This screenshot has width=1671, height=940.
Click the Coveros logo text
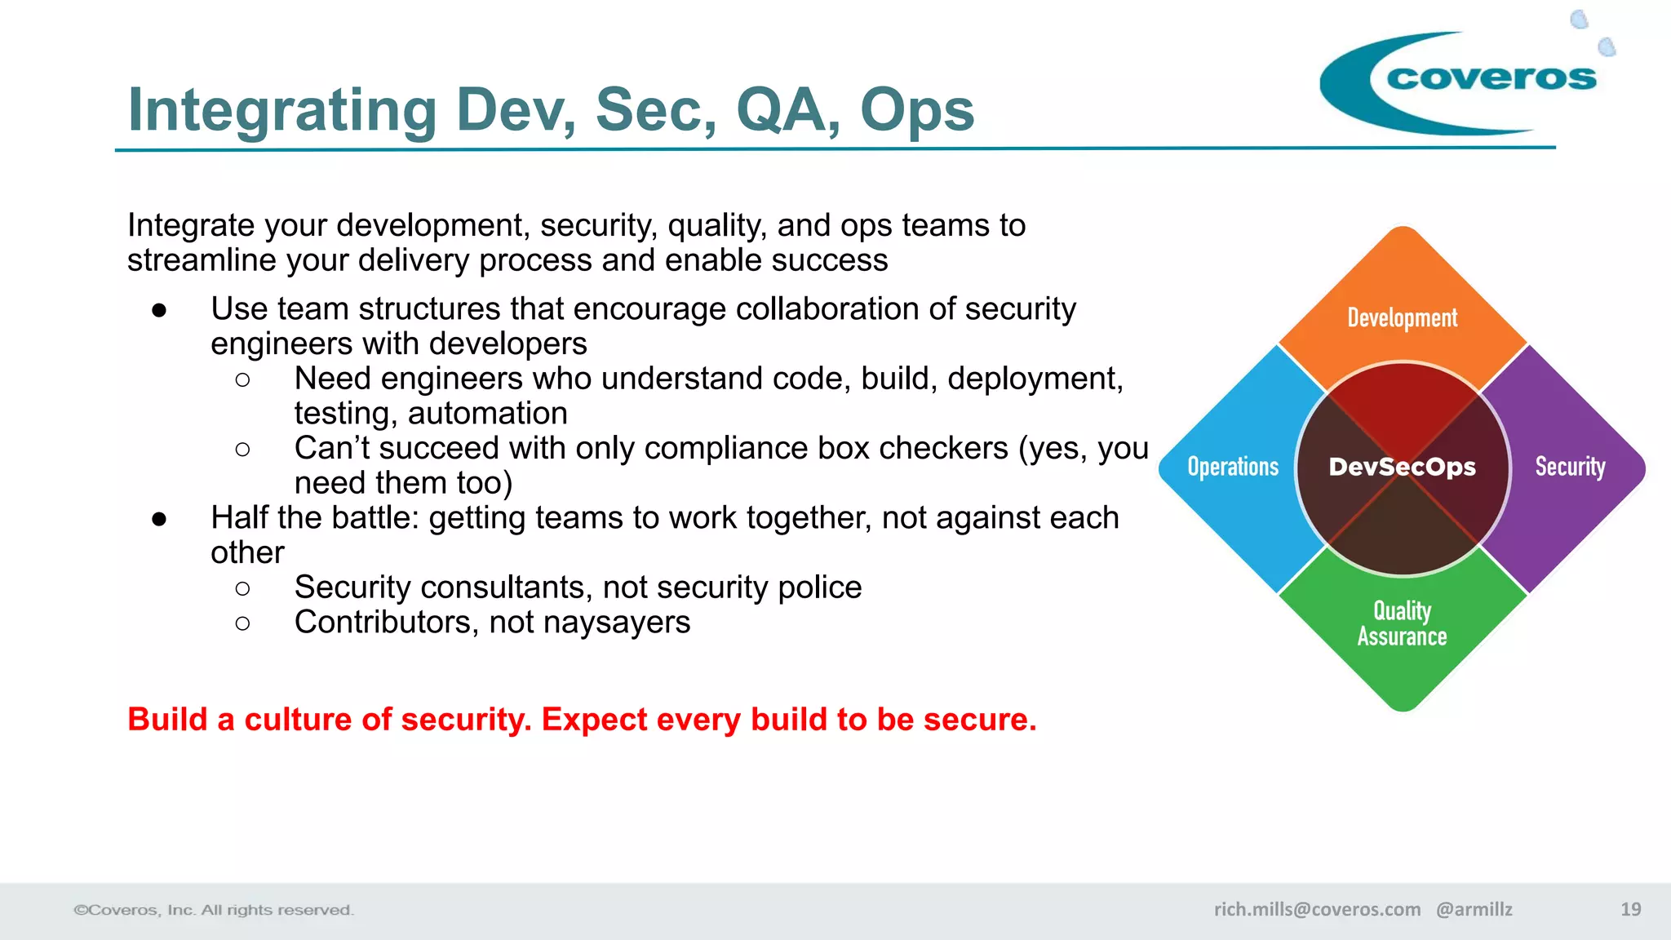click(x=1491, y=78)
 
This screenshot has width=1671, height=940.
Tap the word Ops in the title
click(x=916, y=110)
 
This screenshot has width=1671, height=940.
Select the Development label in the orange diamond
click(x=1402, y=317)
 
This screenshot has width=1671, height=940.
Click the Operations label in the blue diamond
click(x=1233, y=467)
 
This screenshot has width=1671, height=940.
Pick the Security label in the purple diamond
click(x=1570, y=467)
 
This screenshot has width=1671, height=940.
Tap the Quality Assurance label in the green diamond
click(x=1402, y=623)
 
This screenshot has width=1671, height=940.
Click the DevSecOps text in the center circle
click(x=1402, y=467)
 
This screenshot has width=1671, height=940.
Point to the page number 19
click(x=1630, y=909)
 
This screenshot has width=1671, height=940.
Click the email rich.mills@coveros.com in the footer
click(x=1317, y=909)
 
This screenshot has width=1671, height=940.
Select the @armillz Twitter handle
click(x=1474, y=909)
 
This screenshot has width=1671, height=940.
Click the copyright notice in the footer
click(x=214, y=910)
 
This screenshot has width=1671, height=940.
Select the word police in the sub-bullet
click(x=819, y=587)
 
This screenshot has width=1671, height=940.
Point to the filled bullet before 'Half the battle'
click(x=159, y=519)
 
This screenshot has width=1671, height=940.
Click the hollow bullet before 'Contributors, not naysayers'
click(x=242, y=623)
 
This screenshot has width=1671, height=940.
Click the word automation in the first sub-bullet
click(x=487, y=414)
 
